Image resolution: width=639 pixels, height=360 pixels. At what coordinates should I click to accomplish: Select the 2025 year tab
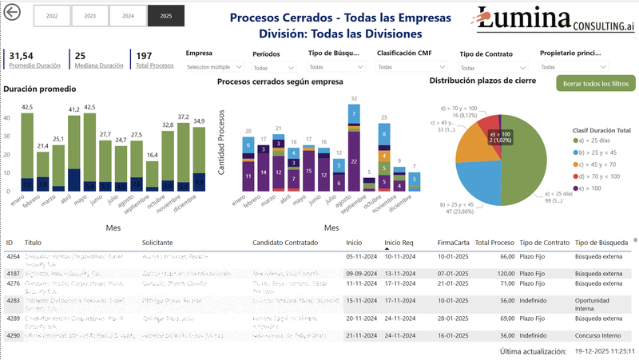[165, 15]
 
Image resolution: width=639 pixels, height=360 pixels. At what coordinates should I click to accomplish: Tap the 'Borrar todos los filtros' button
[595, 84]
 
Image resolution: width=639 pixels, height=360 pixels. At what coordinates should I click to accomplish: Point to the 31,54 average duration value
[22, 55]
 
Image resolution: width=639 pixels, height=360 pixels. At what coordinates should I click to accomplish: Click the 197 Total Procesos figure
[144, 55]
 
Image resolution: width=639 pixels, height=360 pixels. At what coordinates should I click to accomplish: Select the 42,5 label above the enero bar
[27, 107]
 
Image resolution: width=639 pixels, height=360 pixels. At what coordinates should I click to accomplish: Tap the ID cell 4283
[13, 300]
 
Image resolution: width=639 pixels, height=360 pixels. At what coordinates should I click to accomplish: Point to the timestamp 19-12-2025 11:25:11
[605, 351]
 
